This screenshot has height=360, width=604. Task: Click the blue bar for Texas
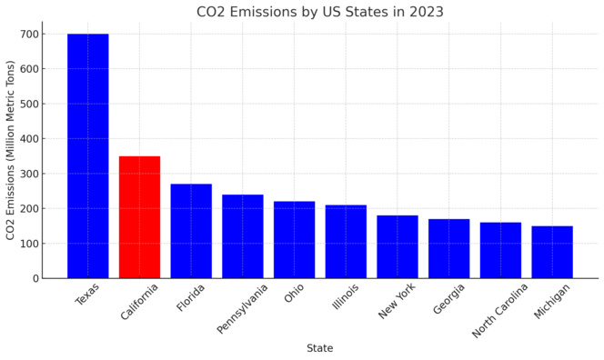[x=87, y=155]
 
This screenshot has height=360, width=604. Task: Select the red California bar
[x=139, y=217]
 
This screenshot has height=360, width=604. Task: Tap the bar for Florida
[x=191, y=231]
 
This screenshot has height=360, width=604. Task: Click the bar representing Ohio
[x=294, y=240]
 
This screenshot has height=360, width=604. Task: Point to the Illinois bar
[x=346, y=242]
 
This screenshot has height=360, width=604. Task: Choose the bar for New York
[x=398, y=246]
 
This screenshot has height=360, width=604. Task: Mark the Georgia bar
[x=449, y=248]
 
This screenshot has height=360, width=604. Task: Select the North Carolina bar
[x=500, y=250]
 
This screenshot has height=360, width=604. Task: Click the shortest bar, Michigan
[x=552, y=252]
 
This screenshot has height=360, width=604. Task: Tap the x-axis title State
[x=319, y=348]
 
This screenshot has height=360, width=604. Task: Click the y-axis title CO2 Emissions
[x=11, y=150]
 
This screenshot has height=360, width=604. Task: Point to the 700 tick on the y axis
[x=28, y=35]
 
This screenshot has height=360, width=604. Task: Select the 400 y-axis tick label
[x=28, y=139]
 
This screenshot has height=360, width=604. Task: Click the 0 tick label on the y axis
[x=35, y=278]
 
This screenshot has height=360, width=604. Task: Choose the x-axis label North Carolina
[x=500, y=311]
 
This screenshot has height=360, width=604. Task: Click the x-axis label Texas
[x=88, y=295]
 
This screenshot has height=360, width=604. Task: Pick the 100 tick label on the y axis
[x=28, y=244]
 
